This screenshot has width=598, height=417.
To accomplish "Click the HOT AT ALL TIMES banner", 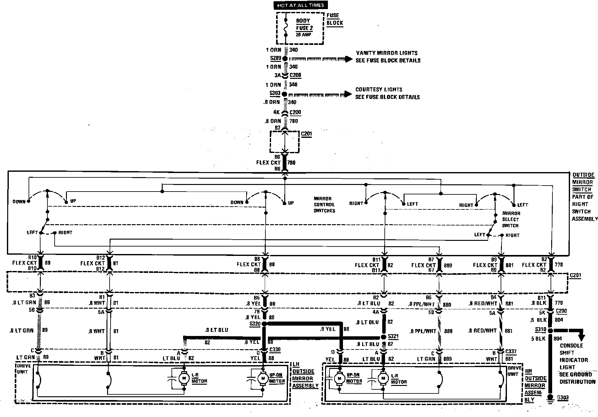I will (x=301, y=5).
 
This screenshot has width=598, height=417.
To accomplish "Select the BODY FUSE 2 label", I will (x=304, y=24).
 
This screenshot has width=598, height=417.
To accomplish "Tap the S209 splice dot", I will (x=285, y=59).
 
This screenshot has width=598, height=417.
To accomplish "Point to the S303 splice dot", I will (x=285, y=94).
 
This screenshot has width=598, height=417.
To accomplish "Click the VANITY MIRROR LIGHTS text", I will (x=387, y=53).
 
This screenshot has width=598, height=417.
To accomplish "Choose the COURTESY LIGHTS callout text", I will (x=379, y=89).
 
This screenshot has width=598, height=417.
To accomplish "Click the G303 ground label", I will (x=563, y=398).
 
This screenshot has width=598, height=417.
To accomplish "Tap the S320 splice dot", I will (x=264, y=324).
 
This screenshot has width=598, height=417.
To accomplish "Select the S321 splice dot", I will (x=383, y=337).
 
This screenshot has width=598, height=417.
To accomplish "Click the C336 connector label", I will (x=275, y=350).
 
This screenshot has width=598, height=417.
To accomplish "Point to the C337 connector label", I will (x=511, y=352).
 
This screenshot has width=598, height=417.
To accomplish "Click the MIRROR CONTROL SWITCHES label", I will (x=324, y=204).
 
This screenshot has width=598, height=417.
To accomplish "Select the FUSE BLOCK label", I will (x=335, y=19).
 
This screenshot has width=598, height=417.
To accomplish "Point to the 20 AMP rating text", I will (x=303, y=35).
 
